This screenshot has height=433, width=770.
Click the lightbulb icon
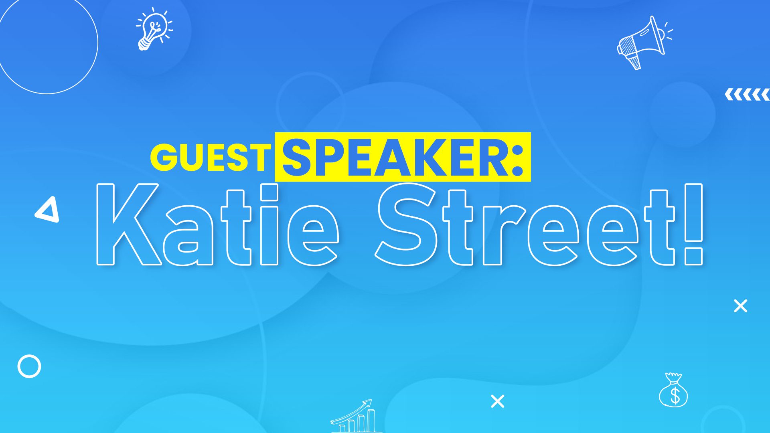[x=154, y=29]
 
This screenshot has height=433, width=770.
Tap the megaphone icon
[x=644, y=42]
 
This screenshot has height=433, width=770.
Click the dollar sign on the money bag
[x=675, y=395]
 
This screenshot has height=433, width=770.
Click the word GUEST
[x=211, y=157]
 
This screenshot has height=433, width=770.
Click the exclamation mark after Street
[x=693, y=225]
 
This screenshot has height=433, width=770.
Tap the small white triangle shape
[x=48, y=209]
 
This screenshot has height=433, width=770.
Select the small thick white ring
[x=29, y=366]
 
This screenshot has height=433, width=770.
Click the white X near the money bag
[x=740, y=306]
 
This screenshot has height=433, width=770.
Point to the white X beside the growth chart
[x=497, y=401]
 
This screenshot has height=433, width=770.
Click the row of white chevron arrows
[x=747, y=95]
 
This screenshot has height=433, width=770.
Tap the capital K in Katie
[x=129, y=225]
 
